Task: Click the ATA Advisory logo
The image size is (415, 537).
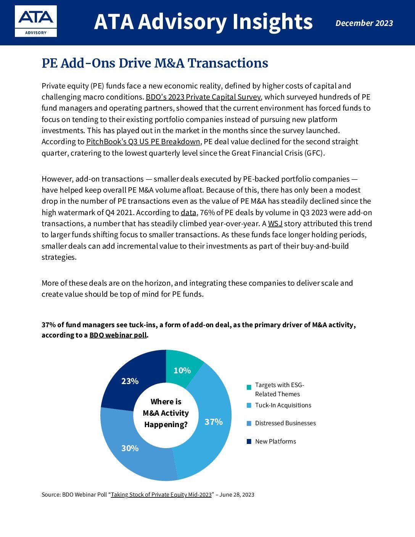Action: (x=36, y=21)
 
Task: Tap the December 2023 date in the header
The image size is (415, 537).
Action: (x=364, y=23)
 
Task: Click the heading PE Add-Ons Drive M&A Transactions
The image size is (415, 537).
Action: (x=154, y=63)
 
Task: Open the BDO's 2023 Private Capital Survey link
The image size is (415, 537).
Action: (x=203, y=97)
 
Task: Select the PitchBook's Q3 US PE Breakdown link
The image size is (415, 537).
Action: (x=143, y=141)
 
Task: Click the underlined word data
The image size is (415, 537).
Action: (x=188, y=212)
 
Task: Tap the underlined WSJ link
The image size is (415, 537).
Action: (x=275, y=223)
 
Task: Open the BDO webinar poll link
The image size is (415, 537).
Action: (x=118, y=335)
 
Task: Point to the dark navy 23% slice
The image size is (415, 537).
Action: (x=130, y=381)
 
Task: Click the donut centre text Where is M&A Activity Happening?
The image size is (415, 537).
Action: (x=166, y=413)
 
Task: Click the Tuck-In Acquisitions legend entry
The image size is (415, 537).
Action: (x=283, y=405)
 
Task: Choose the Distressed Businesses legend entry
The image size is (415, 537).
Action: (x=285, y=423)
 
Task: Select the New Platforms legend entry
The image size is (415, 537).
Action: (x=275, y=441)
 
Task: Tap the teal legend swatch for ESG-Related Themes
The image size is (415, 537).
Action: (x=249, y=387)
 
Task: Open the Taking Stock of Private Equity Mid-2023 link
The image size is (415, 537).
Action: (x=161, y=495)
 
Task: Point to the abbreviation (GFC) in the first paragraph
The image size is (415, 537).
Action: (x=314, y=153)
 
